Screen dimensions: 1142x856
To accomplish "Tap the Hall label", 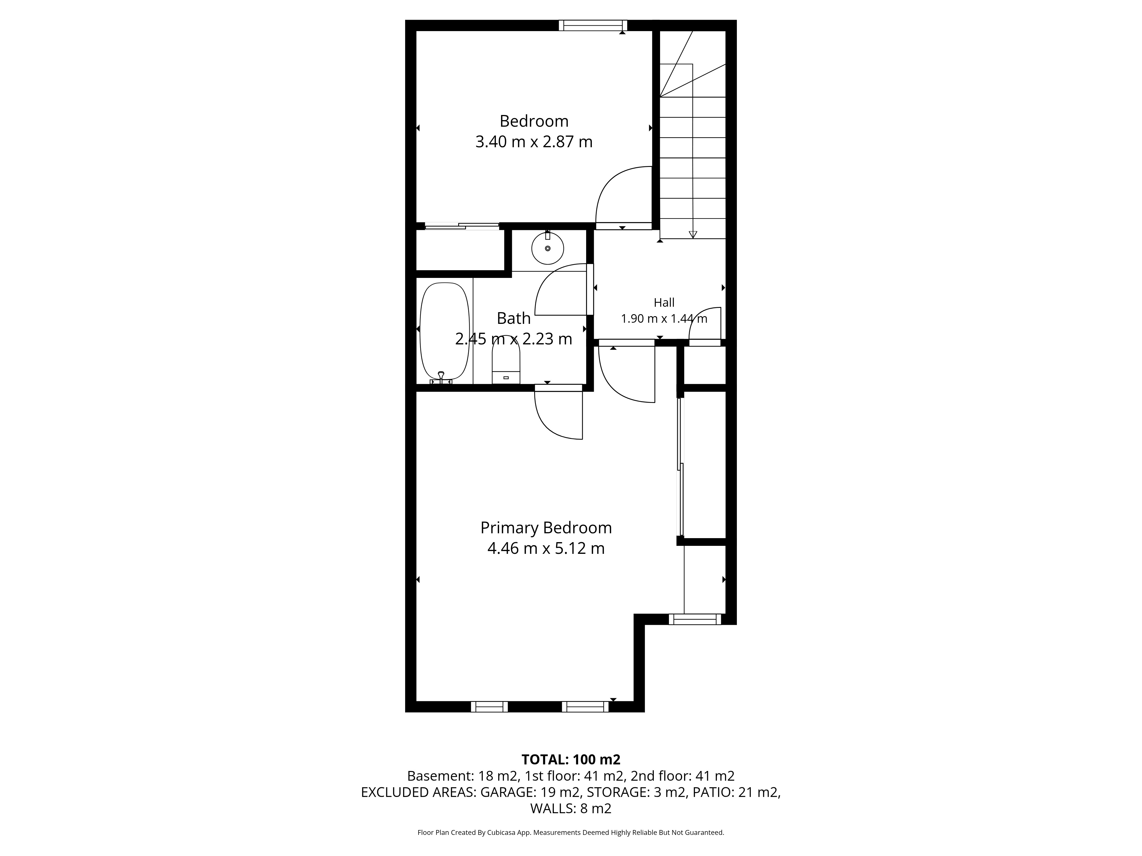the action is pyautogui.click(x=664, y=302).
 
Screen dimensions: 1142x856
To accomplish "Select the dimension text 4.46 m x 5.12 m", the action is pyautogui.click(x=546, y=548).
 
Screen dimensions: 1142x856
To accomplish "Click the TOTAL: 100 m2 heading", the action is pyautogui.click(x=571, y=760).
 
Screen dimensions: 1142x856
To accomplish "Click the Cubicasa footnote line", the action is pyautogui.click(x=571, y=832).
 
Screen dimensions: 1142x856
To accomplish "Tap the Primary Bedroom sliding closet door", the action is pyautogui.click(x=680, y=467).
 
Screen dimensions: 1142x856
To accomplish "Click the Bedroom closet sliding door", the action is pyautogui.click(x=462, y=226).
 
